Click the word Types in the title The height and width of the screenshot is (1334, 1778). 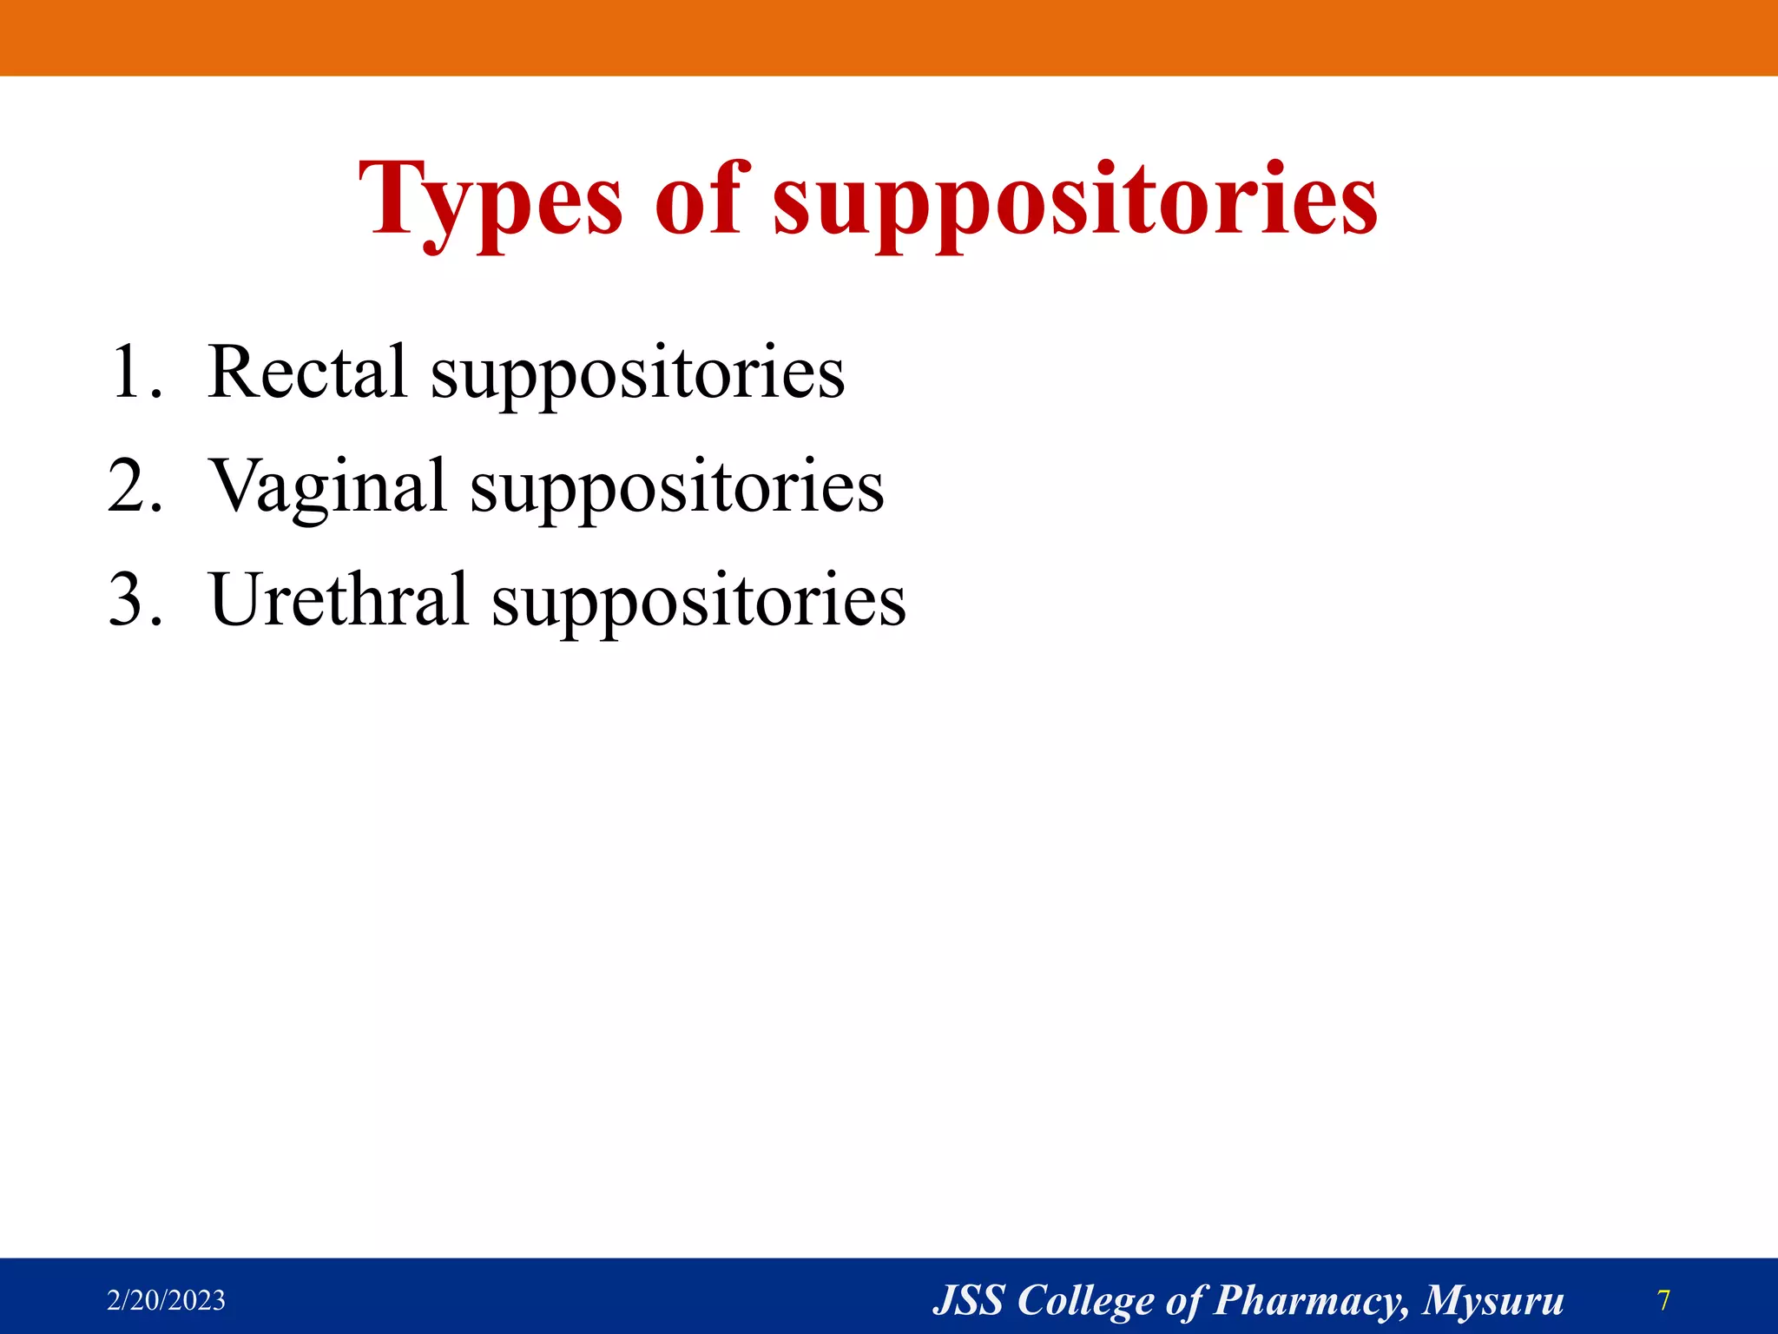click(491, 201)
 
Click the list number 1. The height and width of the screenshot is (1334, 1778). click(135, 373)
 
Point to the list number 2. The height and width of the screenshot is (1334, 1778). click(135, 487)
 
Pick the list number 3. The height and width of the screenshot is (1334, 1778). click(135, 601)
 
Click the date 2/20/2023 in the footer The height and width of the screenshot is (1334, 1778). click(166, 1300)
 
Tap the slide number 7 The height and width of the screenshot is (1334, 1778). click(1663, 1300)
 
